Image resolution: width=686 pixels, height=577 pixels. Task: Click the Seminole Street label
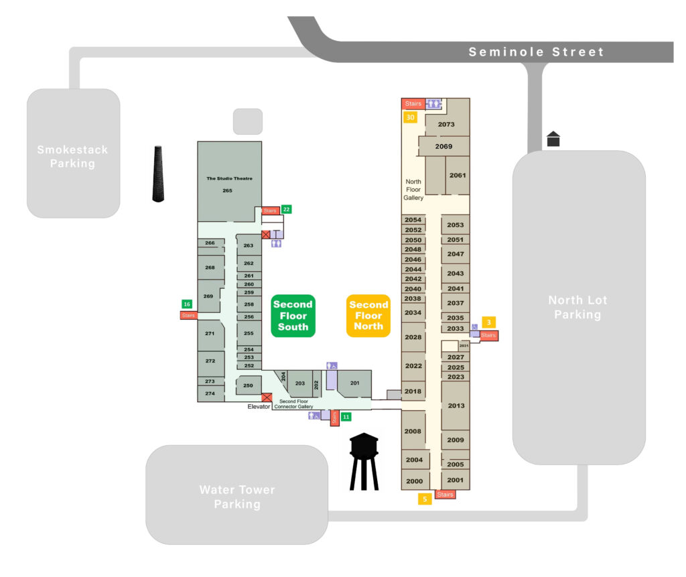[536, 52]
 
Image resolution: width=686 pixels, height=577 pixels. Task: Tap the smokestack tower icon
[158, 174]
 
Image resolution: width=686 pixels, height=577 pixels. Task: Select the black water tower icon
[364, 461]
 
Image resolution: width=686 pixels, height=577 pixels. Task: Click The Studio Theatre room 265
[228, 184]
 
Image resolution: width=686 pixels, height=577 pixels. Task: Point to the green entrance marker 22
[286, 209]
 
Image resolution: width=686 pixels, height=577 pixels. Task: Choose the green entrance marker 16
[187, 304]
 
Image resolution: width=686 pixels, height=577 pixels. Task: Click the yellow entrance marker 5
[425, 499]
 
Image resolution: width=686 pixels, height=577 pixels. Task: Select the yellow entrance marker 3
[490, 322]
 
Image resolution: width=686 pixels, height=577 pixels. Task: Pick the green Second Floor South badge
[293, 316]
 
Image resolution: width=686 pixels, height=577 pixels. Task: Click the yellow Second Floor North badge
[368, 316]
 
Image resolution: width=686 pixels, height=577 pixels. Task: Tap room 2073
[446, 125]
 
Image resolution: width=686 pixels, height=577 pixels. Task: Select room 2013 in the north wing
[456, 405]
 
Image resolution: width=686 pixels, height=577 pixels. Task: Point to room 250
[248, 385]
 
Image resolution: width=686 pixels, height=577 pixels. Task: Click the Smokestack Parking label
[72, 157]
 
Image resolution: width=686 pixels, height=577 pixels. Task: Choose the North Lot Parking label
[577, 308]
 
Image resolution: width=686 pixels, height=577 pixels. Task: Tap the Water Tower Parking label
[237, 497]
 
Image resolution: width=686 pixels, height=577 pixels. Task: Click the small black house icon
[553, 139]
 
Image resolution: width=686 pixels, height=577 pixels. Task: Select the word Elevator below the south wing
[259, 407]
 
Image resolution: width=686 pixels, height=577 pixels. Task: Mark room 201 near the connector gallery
[354, 383]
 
